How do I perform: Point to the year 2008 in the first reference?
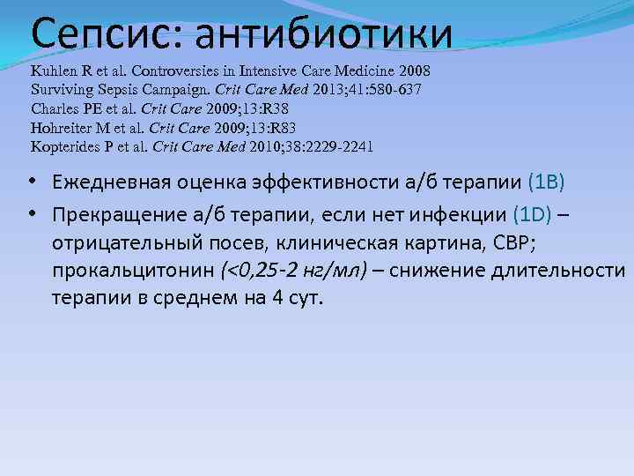tap(412, 71)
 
